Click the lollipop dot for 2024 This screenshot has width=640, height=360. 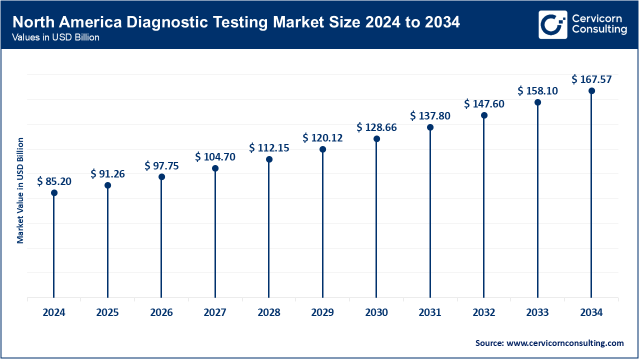(x=54, y=192)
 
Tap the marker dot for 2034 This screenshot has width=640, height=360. (x=591, y=90)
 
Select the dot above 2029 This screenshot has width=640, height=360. (x=322, y=149)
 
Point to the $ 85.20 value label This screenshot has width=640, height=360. (x=54, y=181)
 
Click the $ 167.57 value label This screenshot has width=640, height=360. (x=591, y=79)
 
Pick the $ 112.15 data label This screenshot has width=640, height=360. (x=269, y=148)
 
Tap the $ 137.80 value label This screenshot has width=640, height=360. (x=430, y=116)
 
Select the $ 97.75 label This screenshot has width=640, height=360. (x=161, y=165)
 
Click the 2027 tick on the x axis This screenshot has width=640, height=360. (x=215, y=312)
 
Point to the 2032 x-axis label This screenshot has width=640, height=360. (x=484, y=312)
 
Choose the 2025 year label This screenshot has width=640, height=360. (x=107, y=312)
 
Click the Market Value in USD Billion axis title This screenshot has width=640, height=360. (x=20, y=190)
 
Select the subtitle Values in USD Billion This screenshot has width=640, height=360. (x=56, y=37)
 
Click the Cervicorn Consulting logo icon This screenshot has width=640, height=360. (x=552, y=24)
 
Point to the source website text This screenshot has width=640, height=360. (x=549, y=343)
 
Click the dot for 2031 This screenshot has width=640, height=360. (x=430, y=127)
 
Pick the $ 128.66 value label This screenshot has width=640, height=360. (x=376, y=127)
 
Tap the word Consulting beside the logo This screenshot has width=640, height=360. (x=599, y=30)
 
